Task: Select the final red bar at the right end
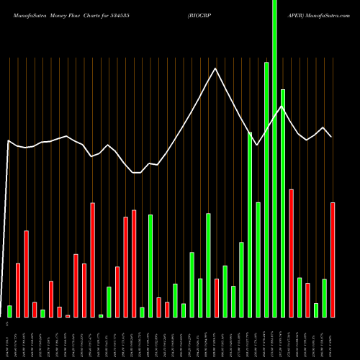pyautogui.click(x=333, y=259)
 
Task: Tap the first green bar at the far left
pyautogui.click(x=10, y=311)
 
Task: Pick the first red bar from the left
pyautogui.click(x=18, y=290)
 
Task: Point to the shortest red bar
pyautogui.click(x=68, y=316)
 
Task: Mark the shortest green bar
pyautogui.click(x=101, y=316)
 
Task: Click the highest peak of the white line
pyautogui.click(x=215, y=68)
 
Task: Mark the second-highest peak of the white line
pyautogui.click(x=282, y=107)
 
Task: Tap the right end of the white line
pyautogui.click(x=331, y=136)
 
